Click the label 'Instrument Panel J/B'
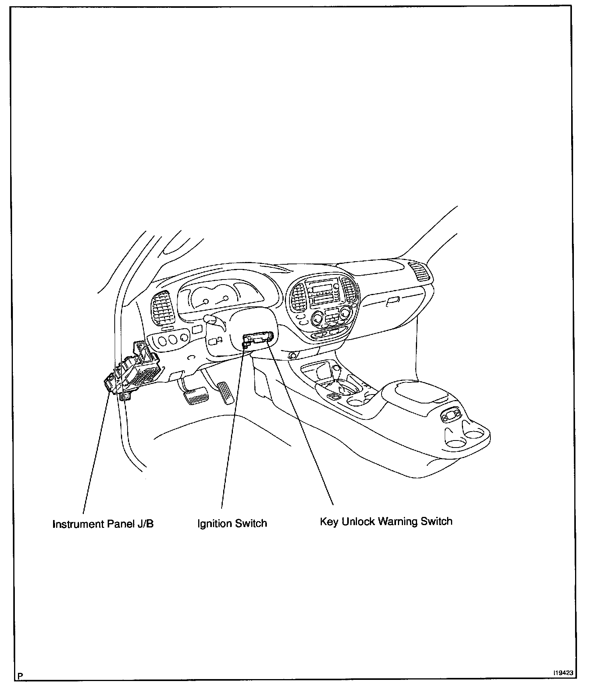click(x=103, y=524)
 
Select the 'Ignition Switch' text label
click(x=232, y=523)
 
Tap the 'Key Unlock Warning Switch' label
click(x=386, y=522)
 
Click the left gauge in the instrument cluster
click(x=202, y=303)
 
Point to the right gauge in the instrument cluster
click(x=224, y=299)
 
